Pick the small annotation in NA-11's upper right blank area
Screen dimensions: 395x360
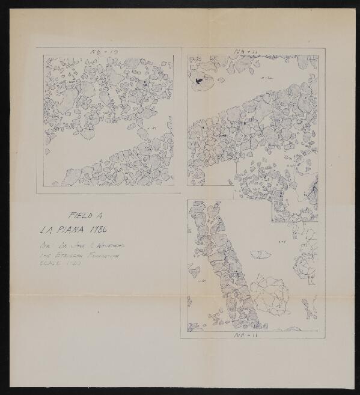click(281, 241)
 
